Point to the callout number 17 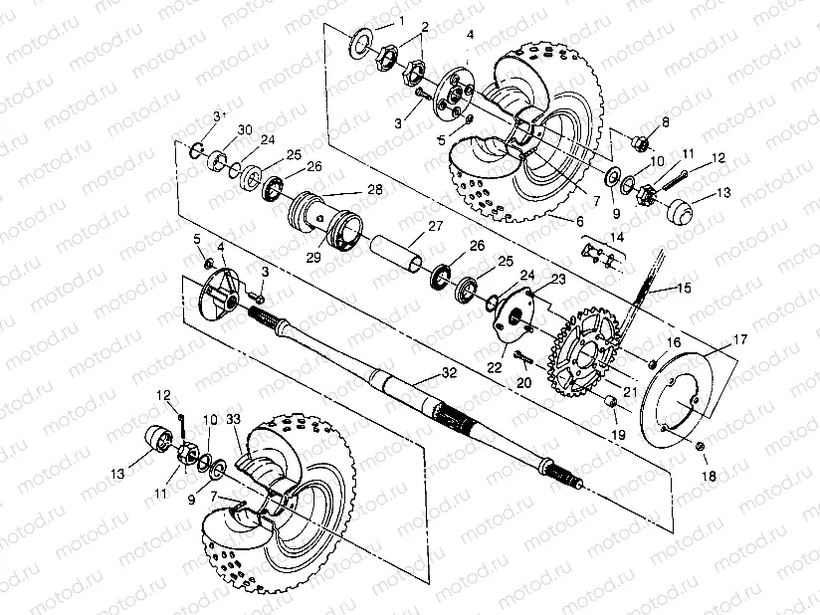point(738,340)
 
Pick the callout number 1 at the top point(401,20)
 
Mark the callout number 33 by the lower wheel point(233,419)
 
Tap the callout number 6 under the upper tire point(580,220)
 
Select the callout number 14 point(617,237)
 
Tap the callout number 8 point(666,121)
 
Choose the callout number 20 point(525,381)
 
